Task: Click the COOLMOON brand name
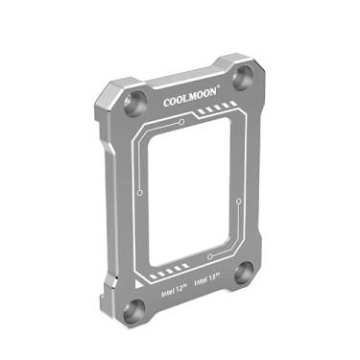(191, 98)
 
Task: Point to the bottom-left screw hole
(136, 309)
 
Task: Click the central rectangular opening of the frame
(191, 192)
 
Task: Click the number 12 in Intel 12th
(180, 284)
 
